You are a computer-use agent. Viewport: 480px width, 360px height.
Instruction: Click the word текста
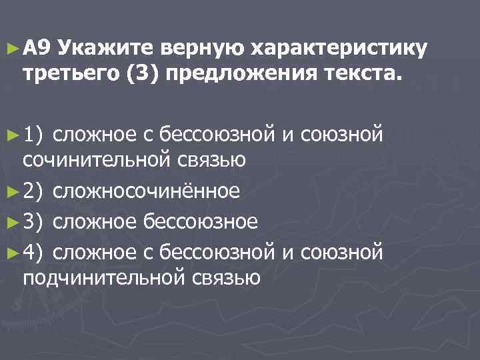pos(360,71)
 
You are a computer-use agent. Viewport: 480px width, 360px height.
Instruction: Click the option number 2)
pos(34,191)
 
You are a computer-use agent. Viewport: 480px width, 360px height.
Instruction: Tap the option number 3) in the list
pos(34,221)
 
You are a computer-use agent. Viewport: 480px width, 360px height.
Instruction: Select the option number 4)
pos(34,251)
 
